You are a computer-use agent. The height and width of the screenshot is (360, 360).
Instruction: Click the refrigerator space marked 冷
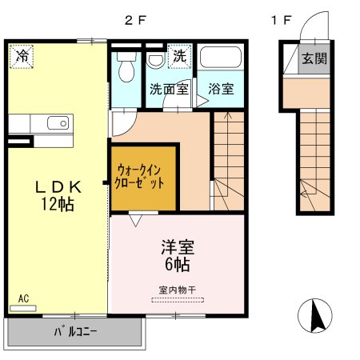[x=22, y=57]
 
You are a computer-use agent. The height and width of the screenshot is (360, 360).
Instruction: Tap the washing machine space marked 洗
[x=180, y=56]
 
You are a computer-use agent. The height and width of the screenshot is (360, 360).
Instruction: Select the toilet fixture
[x=126, y=66]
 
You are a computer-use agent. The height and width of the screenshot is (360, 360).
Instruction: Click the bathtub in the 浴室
[x=221, y=58]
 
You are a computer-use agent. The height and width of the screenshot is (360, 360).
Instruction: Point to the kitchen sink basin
[x=58, y=123]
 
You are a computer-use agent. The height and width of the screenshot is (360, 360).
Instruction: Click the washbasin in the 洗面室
[x=156, y=61]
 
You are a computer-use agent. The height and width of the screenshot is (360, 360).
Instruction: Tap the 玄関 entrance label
[x=314, y=58]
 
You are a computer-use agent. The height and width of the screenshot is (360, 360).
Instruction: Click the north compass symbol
[x=315, y=316]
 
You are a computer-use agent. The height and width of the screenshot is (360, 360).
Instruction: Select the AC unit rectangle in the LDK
[x=23, y=308]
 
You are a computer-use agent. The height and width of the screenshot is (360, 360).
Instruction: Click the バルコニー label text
[x=75, y=332]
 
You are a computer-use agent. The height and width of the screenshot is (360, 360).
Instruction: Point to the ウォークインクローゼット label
[x=139, y=177]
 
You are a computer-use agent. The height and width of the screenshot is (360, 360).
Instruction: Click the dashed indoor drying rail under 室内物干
[x=178, y=300]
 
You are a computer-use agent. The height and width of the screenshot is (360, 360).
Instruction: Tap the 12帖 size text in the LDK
[x=58, y=204]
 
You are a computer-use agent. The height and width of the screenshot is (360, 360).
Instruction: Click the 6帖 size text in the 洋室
[x=178, y=265]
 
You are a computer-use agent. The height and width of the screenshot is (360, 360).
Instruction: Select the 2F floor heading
[x=135, y=20]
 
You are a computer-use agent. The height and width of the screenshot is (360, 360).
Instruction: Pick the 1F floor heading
[x=281, y=20]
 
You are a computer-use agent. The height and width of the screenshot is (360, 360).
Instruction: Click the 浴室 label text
[x=221, y=89]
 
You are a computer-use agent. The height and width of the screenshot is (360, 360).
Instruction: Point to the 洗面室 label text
[x=169, y=89]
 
